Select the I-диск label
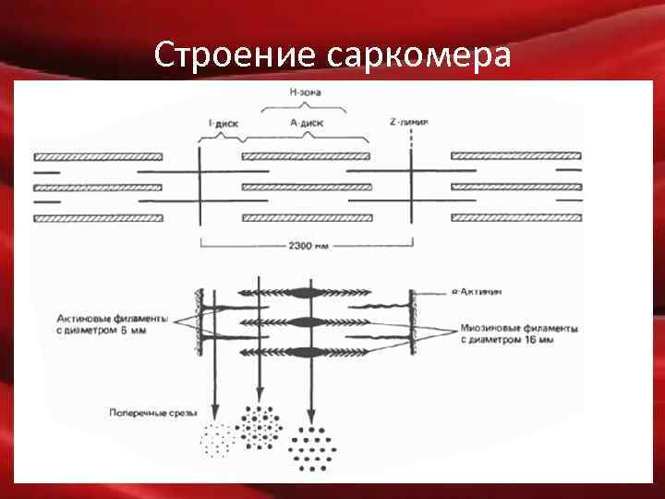223,122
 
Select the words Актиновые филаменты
112,317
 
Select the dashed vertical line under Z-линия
410,140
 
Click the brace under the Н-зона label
306,106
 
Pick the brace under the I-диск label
222,135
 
